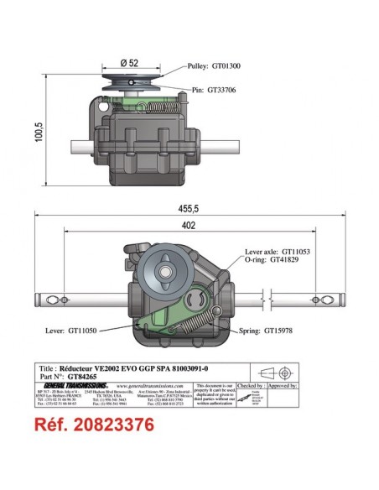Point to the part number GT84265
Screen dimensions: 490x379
(85, 376)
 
